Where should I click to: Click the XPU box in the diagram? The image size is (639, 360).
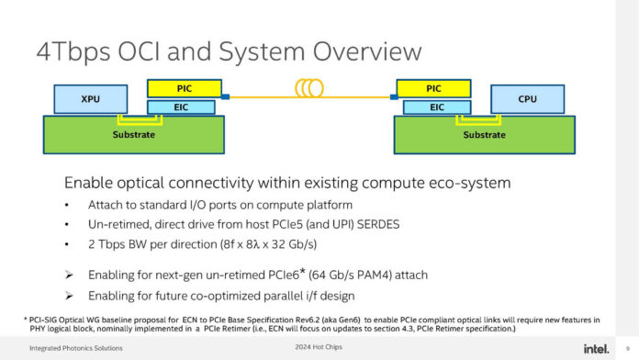pos(89,97)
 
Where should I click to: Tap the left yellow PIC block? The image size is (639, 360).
pos(182,89)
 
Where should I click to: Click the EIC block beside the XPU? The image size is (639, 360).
pos(182,107)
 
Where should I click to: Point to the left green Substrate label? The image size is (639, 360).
pos(132,135)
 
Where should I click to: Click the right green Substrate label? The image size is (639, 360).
pos(483,135)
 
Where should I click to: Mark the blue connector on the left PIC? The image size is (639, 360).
pos(224,96)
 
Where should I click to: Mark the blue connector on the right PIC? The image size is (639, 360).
pos(394,96)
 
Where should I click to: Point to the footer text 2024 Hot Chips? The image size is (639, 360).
pos(319,347)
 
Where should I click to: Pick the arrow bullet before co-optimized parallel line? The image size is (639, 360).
pos(70,295)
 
